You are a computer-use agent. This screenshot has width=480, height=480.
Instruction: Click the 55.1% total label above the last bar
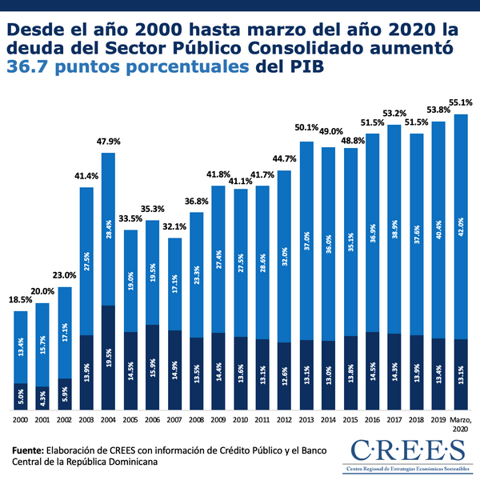[461, 102]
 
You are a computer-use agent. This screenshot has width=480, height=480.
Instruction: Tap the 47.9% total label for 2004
[109, 141]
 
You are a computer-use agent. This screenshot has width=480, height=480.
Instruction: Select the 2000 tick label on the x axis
[21, 418]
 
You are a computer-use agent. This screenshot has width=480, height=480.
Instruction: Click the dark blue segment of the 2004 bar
[109, 358]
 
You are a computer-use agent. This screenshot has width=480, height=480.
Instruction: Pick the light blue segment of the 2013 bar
[306, 240]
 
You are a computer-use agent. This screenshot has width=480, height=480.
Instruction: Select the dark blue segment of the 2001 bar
[42, 398]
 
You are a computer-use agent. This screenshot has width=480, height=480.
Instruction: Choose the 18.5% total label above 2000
[21, 299]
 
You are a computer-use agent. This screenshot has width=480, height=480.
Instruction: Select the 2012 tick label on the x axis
[284, 418]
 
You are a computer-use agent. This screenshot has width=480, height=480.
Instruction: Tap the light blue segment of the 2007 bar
[174, 284]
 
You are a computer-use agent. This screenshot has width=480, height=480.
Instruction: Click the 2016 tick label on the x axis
[372, 418]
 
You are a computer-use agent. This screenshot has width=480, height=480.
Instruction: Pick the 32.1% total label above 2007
[174, 226]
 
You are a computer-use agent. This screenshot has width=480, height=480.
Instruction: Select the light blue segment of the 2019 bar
[438, 230]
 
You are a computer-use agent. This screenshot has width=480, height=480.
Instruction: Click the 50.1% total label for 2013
[306, 129]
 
